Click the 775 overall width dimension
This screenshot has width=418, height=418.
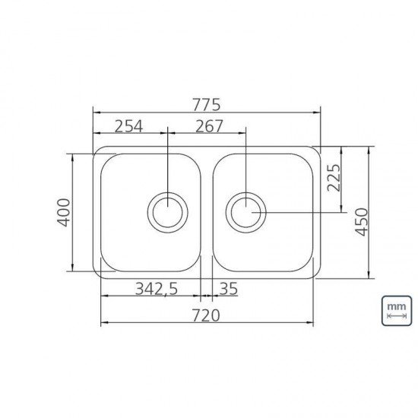(x=207, y=105)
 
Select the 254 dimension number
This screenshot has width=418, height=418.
(x=128, y=126)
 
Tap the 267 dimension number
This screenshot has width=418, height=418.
(x=209, y=126)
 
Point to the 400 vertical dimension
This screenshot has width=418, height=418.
(x=64, y=213)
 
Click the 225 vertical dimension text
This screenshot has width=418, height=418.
(x=334, y=178)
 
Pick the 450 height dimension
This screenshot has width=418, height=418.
(x=362, y=222)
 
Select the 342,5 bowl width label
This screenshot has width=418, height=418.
(x=157, y=289)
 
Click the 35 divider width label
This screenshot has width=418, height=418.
(x=228, y=289)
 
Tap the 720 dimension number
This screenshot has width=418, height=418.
(x=206, y=315)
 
